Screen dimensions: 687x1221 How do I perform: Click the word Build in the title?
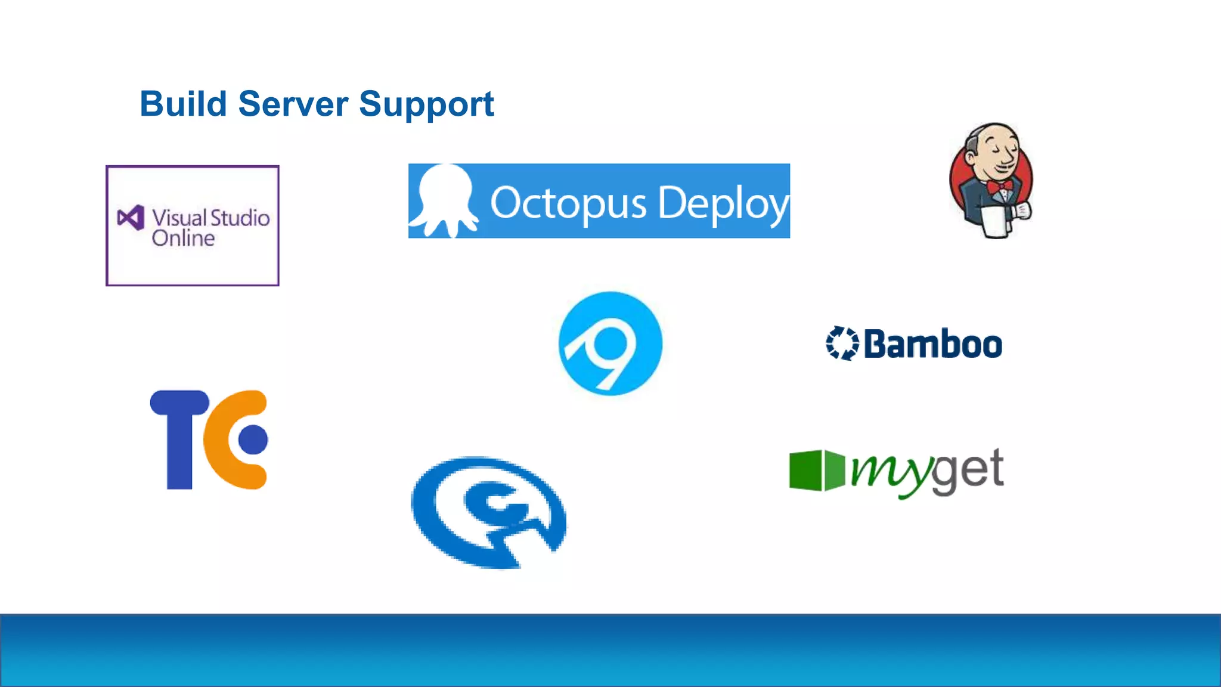[x=183, y=104]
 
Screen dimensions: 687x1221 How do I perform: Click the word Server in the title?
[x=293, y=104]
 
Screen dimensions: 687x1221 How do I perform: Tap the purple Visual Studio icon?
[x=131, y=218]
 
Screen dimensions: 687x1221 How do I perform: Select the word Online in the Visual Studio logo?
[x=183, y=239]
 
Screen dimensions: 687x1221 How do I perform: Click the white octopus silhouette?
[x=444, y=200]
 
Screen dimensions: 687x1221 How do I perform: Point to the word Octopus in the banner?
[x=568, y=203]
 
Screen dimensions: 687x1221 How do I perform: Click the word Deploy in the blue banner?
[x=723, y=203]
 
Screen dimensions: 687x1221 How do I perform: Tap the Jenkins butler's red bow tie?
[x=999, y=187]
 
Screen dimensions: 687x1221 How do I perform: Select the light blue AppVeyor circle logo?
[x=610, y=343]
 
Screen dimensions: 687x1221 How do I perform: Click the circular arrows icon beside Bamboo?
[x=842, y=343]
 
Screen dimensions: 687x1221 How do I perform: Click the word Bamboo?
[x=933, y=344]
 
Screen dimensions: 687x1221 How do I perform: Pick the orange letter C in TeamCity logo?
[x=224, y=440]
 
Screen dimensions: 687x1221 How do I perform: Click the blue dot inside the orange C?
[x=253, y=440]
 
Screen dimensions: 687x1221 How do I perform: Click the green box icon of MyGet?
[x=816, y=470]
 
